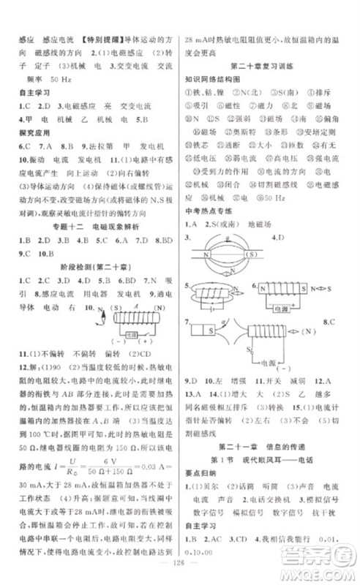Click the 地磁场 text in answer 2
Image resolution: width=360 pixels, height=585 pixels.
click(260, 224)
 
